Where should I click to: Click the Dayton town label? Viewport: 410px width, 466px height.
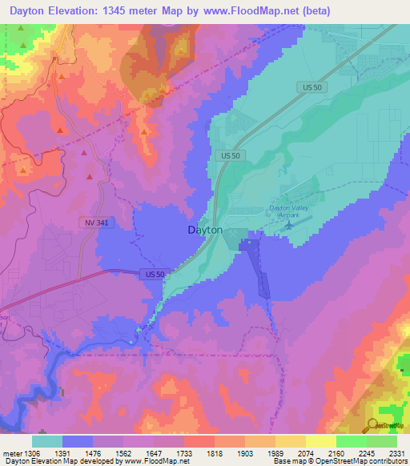(205, 230)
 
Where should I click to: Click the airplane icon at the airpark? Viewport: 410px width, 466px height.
(288, 225)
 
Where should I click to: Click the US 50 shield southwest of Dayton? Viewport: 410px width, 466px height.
(155, 274)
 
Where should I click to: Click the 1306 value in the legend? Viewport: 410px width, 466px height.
(30, 452)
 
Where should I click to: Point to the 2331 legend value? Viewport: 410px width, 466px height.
(396, 452)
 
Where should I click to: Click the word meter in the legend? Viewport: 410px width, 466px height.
(10, 452)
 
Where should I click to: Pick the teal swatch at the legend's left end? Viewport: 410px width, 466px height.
(47, 441)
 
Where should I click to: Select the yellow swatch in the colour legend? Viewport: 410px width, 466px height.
(321, 441)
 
